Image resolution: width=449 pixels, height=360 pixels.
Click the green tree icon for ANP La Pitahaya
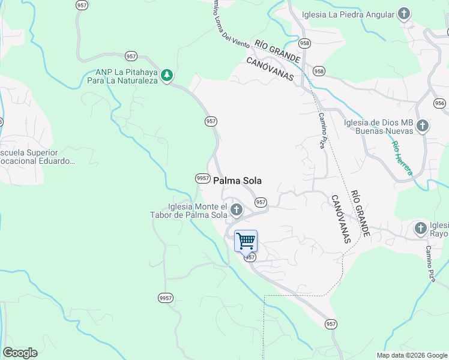tap(167, 75)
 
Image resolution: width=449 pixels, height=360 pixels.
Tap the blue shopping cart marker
tap(246, 241)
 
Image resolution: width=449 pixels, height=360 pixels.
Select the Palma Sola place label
tap(237, 180)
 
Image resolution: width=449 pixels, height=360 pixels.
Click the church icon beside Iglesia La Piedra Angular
tap(404, 14)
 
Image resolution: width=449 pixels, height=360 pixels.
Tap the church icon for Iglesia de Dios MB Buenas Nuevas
tap(423, 126)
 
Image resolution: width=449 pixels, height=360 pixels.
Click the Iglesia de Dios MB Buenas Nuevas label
tap(378, 127)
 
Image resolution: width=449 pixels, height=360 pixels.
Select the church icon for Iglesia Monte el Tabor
tap(237, 210)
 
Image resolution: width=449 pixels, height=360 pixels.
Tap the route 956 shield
tap(439, 103)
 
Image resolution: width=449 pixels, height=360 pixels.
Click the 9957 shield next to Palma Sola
tap(202, 178)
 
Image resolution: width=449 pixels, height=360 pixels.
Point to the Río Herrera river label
tap(402, 158)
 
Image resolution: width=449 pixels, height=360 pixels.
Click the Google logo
tap(20, 353)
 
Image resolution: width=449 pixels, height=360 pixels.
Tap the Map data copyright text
tap(411, 355)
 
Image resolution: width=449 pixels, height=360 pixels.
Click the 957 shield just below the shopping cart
tap(250, 257)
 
